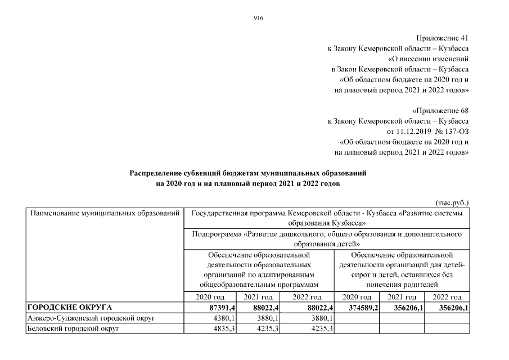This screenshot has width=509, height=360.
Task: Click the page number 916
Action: [259, 18]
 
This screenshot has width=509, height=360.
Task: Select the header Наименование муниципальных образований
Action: [105, 214]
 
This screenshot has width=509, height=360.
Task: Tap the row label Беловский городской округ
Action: [70, 328]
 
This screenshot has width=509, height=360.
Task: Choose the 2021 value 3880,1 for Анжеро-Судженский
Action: [262, 318]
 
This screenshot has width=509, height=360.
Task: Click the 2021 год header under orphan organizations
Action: [402, 297]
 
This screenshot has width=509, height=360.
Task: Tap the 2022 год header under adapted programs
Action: [308, 297]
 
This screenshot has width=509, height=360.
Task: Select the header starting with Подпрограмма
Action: [327, 238]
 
